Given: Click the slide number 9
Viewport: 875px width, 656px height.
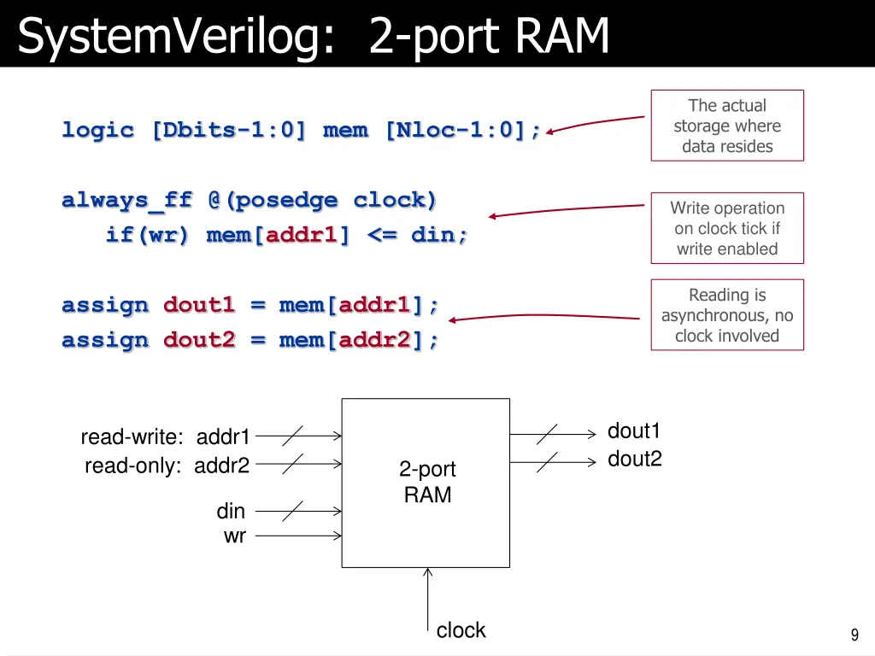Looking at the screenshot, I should click(854, 635).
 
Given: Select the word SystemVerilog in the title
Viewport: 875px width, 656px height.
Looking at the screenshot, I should click(174, 38).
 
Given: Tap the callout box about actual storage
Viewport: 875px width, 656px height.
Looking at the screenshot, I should click(727, 126).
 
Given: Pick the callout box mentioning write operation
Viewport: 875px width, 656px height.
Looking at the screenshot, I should click(727, 228).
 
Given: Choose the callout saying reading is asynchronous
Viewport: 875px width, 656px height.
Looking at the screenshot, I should click(727, 315).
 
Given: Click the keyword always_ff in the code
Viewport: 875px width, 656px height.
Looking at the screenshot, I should click(127, 201).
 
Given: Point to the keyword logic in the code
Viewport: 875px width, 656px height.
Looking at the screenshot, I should click(97, 131).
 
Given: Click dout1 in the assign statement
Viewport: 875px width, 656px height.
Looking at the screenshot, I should click(198, 305).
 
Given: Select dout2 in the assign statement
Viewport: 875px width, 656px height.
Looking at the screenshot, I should click(198, 340).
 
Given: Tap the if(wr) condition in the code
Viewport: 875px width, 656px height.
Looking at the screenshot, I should click(146, 235).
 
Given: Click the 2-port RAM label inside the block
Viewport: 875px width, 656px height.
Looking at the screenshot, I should click(427, 482).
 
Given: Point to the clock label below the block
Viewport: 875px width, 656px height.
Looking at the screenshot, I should click(461, 630).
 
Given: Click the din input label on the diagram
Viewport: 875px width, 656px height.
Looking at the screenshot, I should click(231, 512).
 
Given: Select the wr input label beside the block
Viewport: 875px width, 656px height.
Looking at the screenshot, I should click(234, 536).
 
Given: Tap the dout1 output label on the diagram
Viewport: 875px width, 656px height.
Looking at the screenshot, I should click(634, 431).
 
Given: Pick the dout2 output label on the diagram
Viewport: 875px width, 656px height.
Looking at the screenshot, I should click(634, 460).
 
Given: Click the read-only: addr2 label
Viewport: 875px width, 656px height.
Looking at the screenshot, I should click(167, 466).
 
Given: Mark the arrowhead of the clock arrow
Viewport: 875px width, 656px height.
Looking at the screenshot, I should click(427, 572).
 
